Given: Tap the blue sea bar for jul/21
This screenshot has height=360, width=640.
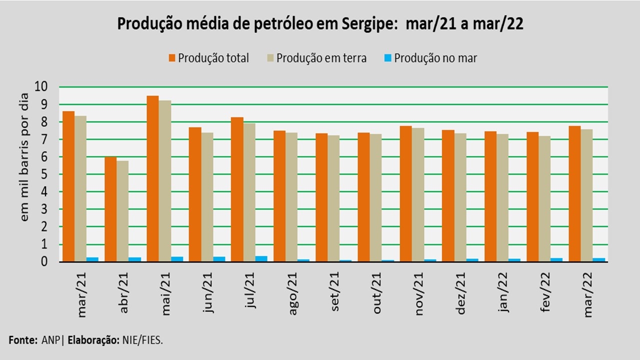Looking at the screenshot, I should point(261,258).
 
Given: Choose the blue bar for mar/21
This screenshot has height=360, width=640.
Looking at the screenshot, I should point(92,259).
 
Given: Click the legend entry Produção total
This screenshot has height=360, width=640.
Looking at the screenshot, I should point(213,58).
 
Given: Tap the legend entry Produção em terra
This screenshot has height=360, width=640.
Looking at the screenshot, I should point(321,58).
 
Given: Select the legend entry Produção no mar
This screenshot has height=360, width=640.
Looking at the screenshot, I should point(435,58).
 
